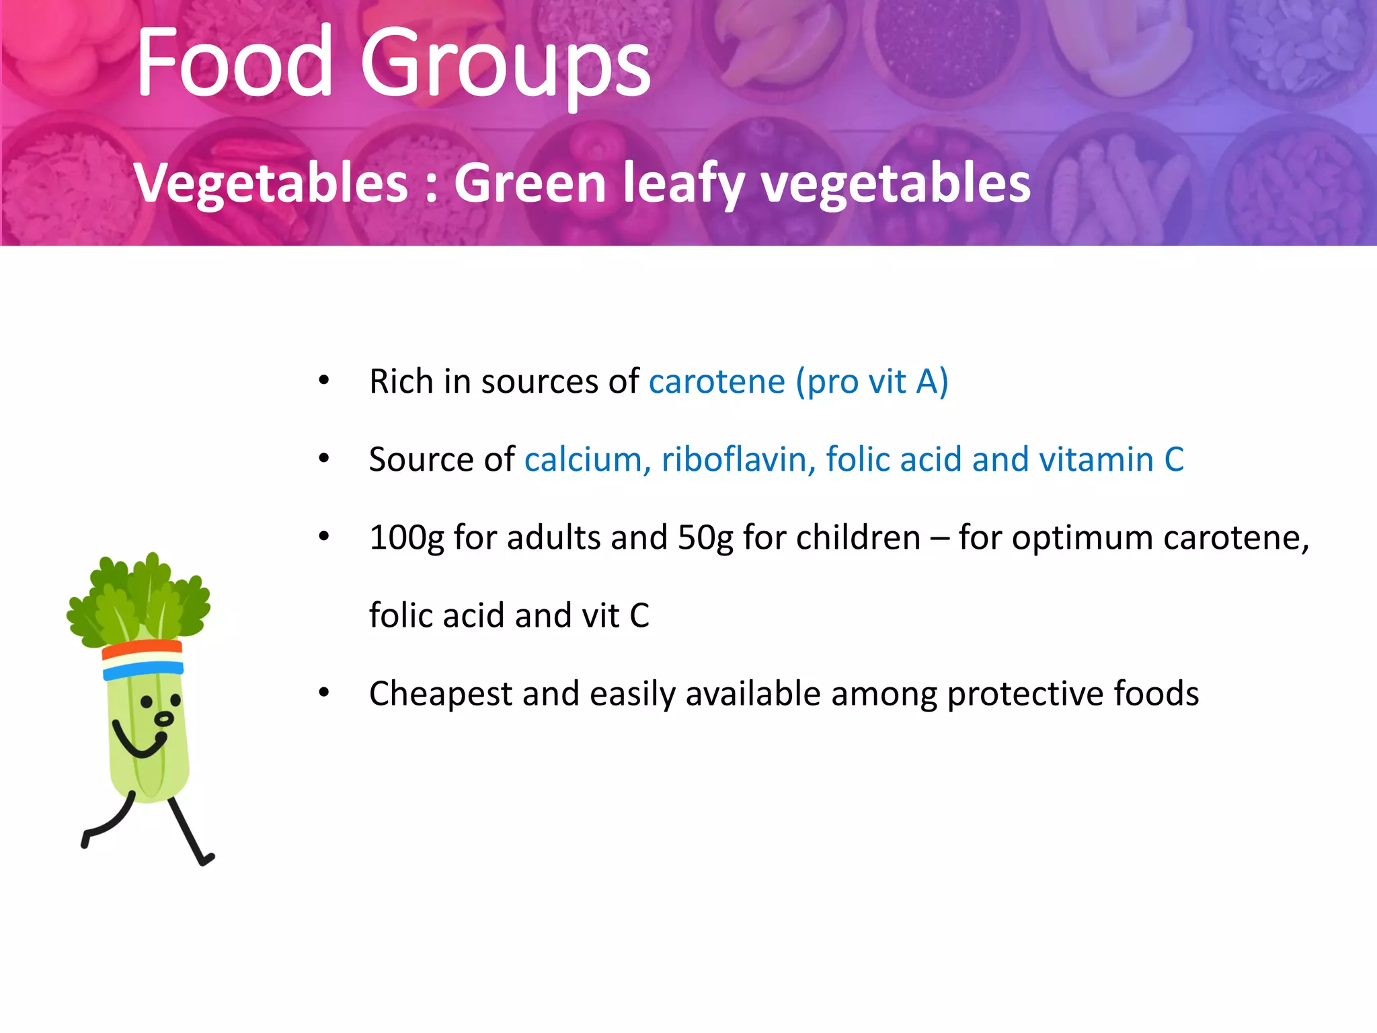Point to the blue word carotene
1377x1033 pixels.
[717, 382]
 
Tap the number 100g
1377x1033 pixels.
[407, 538]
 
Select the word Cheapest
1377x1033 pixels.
[440, 694]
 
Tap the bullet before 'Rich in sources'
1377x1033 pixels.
[324, 381]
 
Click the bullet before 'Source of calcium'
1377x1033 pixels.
[324, 459]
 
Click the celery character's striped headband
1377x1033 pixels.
[143, 660]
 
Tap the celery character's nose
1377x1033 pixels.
[163, 720]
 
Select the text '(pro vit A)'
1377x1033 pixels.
[872, 382]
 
